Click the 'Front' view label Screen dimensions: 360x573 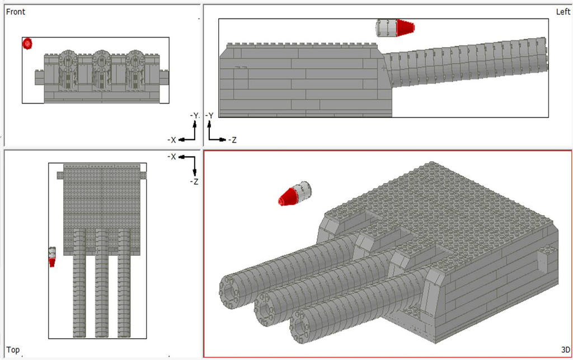pos(16,12)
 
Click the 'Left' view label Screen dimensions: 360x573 pos(562,12)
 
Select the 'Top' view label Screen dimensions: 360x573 pos(13,350)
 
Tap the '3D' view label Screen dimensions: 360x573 pos(565,350)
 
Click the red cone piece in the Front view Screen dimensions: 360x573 pos(27,43)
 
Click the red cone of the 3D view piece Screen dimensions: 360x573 pos(288,197)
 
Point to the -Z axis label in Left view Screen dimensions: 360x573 pos(229,140)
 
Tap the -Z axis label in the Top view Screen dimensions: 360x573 pos(194,182)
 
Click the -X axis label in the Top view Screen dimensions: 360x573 pos(172,157)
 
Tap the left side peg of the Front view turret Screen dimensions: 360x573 pos(39,76)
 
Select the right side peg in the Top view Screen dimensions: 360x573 pos(142,175)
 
